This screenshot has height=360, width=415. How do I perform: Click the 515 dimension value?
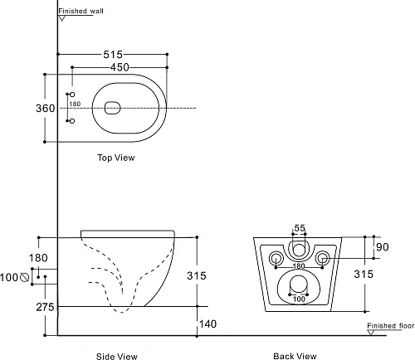pos(113,55)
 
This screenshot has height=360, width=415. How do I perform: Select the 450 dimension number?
pos(120,67)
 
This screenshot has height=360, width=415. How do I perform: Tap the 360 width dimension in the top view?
pos(46,108)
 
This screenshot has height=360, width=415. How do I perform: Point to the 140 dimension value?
pos(207,324)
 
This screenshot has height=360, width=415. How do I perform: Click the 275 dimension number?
pos(46,307)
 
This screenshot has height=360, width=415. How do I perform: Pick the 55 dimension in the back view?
pos(300,228)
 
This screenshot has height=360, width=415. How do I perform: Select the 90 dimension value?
pos(383,247)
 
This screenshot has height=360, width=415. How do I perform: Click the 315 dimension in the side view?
pos(197,275)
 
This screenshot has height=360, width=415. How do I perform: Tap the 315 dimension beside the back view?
pos(364,274)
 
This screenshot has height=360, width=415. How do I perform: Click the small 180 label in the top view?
pos(75,104)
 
